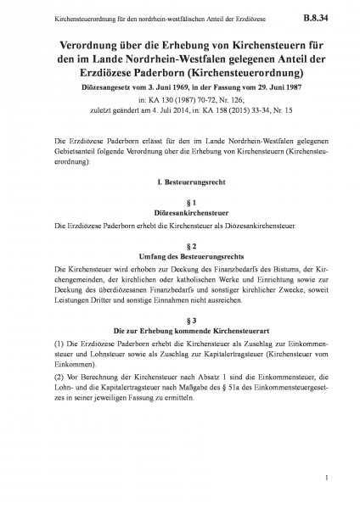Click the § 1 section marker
click(x=180, y=204)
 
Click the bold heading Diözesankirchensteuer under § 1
click(x=180, y=215)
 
